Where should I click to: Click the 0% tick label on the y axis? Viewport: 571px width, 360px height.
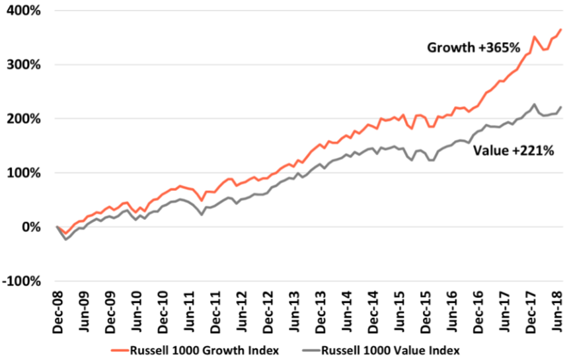coord(30,227)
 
